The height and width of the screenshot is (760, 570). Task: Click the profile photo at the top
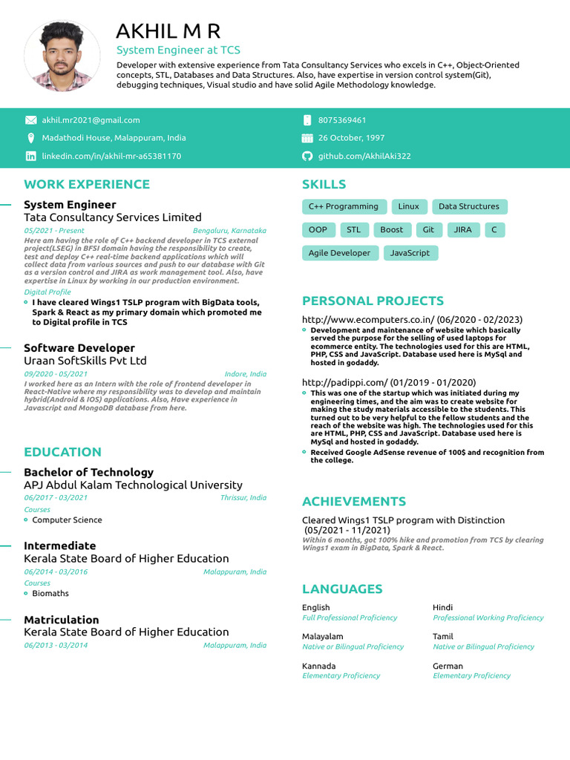(x=52, y=56)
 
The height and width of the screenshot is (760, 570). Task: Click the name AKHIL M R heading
(x=168, y=32)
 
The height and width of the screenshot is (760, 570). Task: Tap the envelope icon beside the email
(x=30, y=119)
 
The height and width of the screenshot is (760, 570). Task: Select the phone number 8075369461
(x=342, y=120)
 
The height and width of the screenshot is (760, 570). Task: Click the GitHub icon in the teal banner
(x=307, y=156)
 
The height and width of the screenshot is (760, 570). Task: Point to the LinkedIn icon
(x=30, y=156)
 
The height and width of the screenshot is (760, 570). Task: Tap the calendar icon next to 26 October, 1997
(x=307, y=138)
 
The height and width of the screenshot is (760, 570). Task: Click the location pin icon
(x=30, y=138)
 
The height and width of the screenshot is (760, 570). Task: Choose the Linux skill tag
(x=408, y=206)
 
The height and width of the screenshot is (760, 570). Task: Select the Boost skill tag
(x=391, y=230)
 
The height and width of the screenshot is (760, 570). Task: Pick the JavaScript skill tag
(x=410, y=253)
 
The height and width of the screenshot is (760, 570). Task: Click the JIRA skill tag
(x=463, y=230)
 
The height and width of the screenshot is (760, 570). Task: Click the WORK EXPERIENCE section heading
(x=87, y=184)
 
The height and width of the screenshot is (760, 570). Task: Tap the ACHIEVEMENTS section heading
(x=354, y=502)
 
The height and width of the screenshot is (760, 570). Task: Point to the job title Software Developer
(x=79, y=348)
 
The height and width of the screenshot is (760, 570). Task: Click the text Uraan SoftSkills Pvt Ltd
(x=85, y=361)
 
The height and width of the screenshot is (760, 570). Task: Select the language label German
(x=447, y=666)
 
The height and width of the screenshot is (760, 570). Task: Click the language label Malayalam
(x=323, y=636)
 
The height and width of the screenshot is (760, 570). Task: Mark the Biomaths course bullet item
(x=50, y=593)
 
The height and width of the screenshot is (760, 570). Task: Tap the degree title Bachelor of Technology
(x=88, y=472)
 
